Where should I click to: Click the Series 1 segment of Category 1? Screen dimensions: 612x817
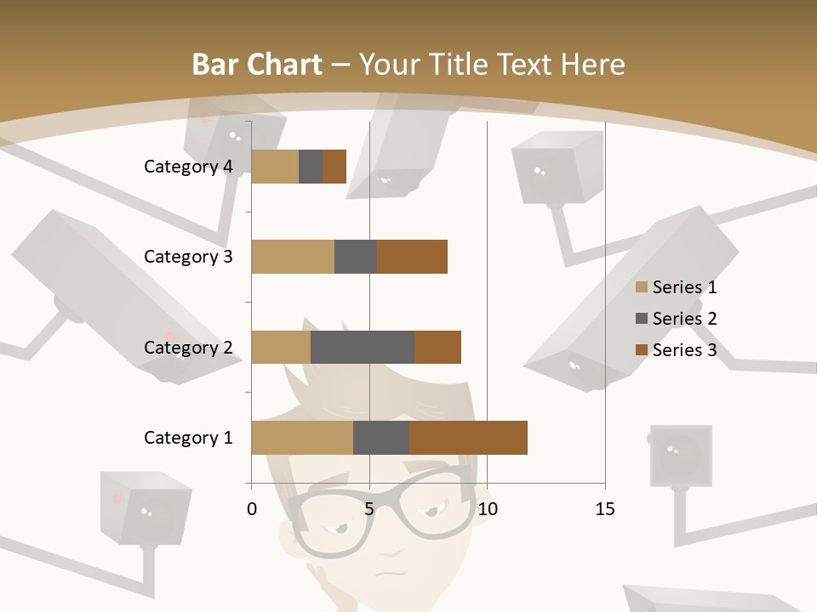tap(302, 438)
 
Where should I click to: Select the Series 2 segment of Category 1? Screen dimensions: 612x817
tap(381, 438)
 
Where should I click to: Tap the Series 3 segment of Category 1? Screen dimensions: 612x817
tap(468, 438)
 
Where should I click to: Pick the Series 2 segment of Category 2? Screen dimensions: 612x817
tap(363, 347)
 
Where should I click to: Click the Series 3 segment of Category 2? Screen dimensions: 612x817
tap(437, 347)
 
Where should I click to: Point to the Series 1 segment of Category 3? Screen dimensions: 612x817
tap(293, 257)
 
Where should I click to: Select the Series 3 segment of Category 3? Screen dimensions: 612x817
tap(412, 257)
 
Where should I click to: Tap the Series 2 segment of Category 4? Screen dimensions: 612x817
tap(311, 167)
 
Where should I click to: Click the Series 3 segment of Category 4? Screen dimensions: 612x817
tap(334, 167)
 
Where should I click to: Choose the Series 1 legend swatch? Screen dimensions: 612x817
tap(642, 287)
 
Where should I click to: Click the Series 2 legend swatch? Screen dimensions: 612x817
tap(642, 319)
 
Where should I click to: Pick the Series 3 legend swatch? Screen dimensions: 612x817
tap(642, 350)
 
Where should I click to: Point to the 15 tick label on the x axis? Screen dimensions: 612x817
tap(605, 509)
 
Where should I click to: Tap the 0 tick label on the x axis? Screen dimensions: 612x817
tap(252, 509)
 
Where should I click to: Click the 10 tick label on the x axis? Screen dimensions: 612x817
tap(487, 509)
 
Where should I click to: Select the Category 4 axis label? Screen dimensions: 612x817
tap(188, 167)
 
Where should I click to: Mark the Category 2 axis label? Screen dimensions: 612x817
tap(188, 347)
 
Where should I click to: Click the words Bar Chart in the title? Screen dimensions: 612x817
tap(257, 65)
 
